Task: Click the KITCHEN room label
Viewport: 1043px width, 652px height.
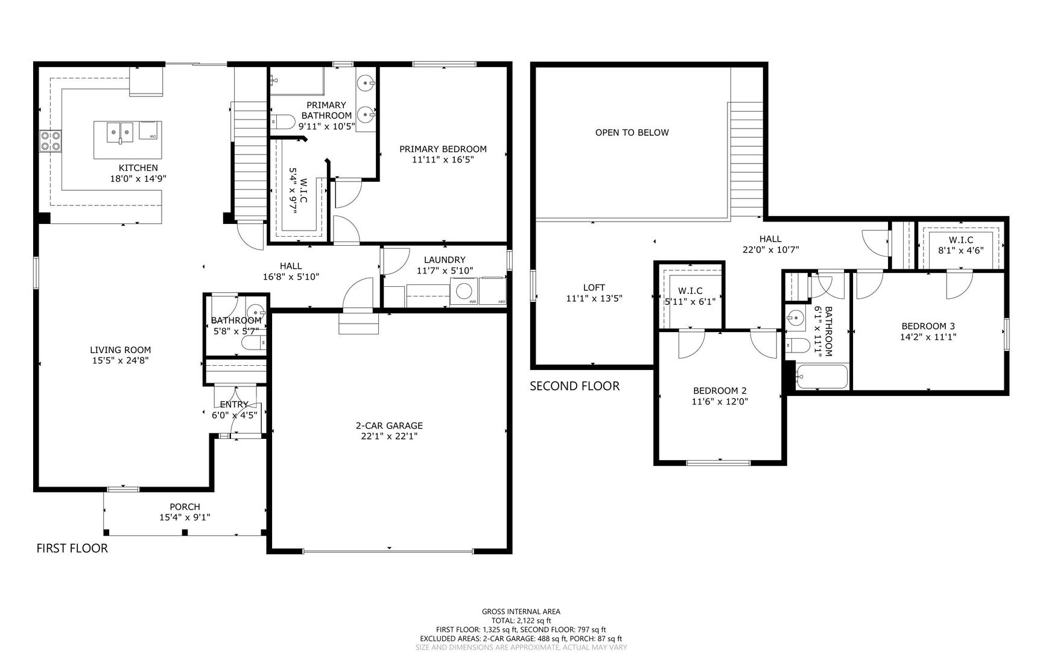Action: coord(138,168)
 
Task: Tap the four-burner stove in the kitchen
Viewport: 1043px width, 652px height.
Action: coord(50,141)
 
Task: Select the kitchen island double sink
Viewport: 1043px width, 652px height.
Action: coord(120,131)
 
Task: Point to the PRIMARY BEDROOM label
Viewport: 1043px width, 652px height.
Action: coord(443,149)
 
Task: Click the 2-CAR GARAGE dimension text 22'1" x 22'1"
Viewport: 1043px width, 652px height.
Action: coord(388,436)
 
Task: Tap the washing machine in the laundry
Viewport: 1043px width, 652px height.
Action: coord(464,292)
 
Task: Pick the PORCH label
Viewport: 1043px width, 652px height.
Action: coord(185,507)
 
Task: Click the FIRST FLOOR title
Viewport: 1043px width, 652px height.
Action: coord(72,548)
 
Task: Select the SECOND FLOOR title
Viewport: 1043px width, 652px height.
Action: coord(574,386)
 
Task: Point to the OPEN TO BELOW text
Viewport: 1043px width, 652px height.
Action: coord(632,132)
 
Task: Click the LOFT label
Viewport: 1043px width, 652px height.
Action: coord(594,287)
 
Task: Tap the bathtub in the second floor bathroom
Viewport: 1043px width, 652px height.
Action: coord(822,377)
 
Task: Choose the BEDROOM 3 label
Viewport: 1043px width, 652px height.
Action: coord(928,326)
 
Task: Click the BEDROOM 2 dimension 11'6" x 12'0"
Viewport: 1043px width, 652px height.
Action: coord(720,401)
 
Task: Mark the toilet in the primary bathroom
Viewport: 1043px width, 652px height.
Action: coord(282,123)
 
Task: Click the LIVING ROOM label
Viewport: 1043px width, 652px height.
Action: coord(120,350)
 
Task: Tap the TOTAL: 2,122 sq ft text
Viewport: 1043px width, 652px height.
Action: coord(521,620)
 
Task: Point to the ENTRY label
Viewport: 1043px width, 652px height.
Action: coord(234,404)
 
